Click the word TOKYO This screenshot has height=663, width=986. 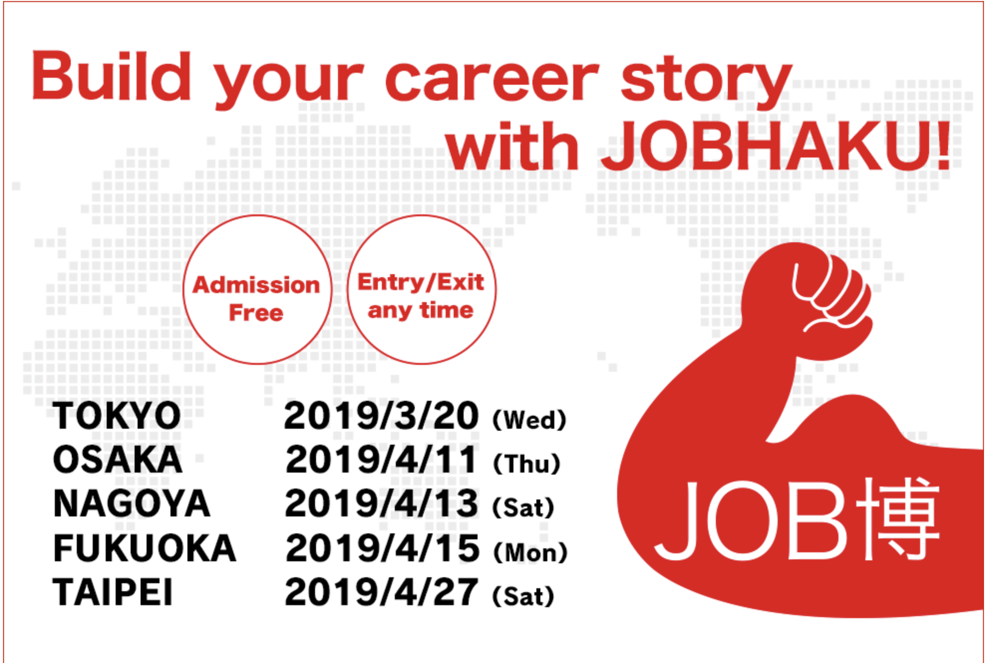tap(117, 416)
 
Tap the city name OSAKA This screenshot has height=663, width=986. tap(118, 460)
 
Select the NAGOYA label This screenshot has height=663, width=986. tap(132, 503)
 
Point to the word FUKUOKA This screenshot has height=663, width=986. tap(145, 548)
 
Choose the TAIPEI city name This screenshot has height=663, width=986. tap(113, 592)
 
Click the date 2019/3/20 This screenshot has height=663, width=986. tap(381, 416)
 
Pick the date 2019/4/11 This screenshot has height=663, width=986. tap(381, 460)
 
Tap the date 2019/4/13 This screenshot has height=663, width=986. tap(381, 503)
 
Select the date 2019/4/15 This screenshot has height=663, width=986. tap(382, 548)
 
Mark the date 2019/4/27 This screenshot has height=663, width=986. tap(381, 592)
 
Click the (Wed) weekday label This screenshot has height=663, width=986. tap(529, 420)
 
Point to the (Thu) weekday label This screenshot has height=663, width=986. tap(527, 464)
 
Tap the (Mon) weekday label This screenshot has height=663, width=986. tap(530, 552)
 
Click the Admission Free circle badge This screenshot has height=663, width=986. tap(257, 290)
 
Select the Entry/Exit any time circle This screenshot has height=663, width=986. tap(422, 290)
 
